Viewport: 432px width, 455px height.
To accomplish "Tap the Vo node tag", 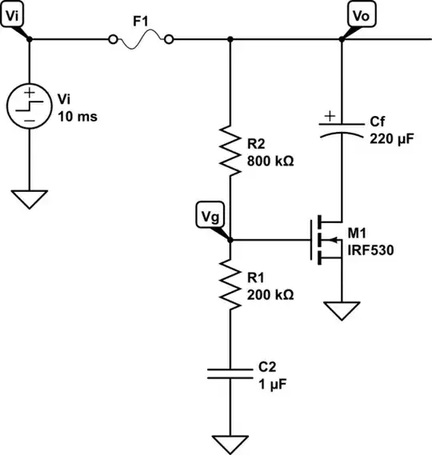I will coord(357,14).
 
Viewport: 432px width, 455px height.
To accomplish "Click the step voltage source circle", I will coord(29,106).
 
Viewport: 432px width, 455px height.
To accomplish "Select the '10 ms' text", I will coord(78,114).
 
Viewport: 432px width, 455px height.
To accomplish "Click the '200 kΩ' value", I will coord(270,294).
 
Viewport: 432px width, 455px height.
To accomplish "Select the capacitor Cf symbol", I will coord(341,127).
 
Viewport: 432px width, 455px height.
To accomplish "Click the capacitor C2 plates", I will coord(230,374).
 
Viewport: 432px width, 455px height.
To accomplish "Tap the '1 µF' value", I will coord(267,384).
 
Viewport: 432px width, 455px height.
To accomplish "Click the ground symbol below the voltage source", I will coord(29,199).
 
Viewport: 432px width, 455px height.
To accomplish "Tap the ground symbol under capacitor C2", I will coord(230,441).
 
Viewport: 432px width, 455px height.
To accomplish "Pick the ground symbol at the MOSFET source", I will coord(341,311).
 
